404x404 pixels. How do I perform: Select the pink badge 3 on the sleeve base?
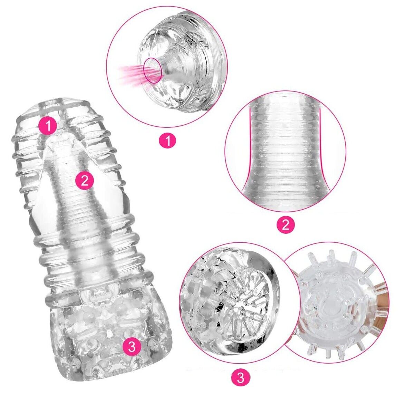(132, 346)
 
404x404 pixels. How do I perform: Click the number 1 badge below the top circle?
(167, 140)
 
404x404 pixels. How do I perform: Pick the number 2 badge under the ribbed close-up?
(286, 225)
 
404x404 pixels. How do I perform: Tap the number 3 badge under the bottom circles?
(240, 378)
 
